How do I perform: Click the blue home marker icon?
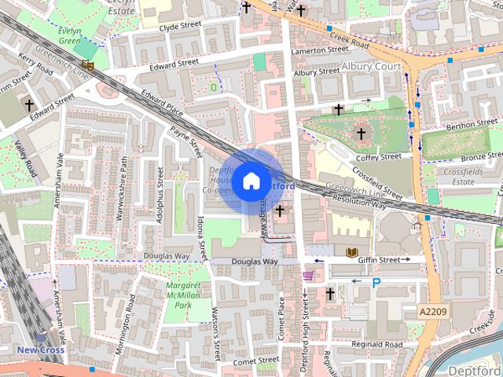click(251, 181)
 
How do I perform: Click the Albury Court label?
click(373, 68)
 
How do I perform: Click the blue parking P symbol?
click(376, 283)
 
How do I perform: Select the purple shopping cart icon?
click(309, 275)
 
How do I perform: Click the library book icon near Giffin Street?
click(351, 252)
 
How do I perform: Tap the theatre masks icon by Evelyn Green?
click(87, 66)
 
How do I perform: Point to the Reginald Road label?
click(377, 345)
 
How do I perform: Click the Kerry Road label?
click(36, 69)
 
